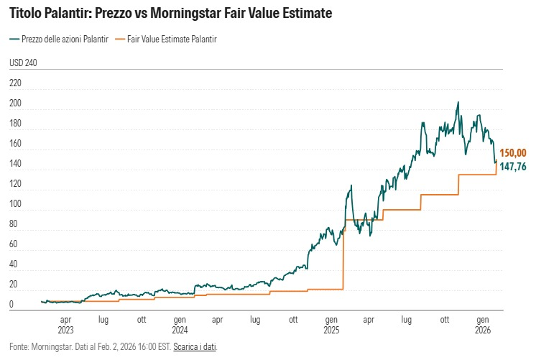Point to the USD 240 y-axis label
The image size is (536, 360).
[23, 63]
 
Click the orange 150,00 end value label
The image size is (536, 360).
[514, 153]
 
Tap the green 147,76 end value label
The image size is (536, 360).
[514, 167]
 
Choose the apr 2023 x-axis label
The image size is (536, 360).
[65, 324]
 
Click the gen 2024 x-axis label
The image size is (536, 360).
[180, 324]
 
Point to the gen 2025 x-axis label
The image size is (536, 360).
[331, 324]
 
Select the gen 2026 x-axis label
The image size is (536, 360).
[484, 324]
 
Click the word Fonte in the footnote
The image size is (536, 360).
[19, 347]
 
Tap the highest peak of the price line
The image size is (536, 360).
[458, 102]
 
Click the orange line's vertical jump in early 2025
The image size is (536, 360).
[344, 251]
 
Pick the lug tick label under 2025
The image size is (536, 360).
[407, 319]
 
